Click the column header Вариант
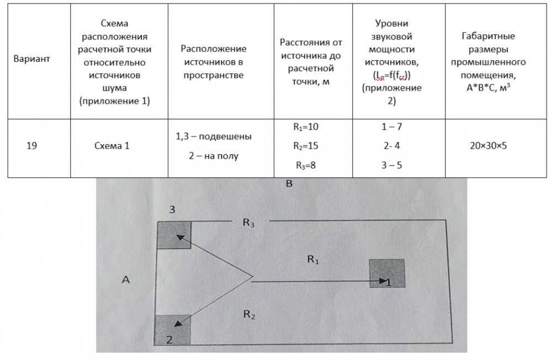pyautogui.click(x=31, y=59)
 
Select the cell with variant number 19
pyautogui.click(x=31, y=146)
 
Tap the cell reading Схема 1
pyautogui.click(x=112, y=146)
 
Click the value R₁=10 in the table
pyautogui.click(x=306, y=126)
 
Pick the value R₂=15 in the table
pyautogui.click(x=306, y=146)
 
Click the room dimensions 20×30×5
pyautogui.click(x=488, y=146)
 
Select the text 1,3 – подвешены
pyautogui.click(x=214, y=136)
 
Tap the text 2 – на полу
pyautogui.click(x=214, y=156)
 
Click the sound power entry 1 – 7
pyautogui.click(x=391, y=126)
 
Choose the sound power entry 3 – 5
pyautogui.click(x=391, y=165)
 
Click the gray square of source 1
pyautogui.click(x=387, y=273)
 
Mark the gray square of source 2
pyautogui.click(x=173, y=330)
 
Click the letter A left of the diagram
pyautogui.click(x=125, y=280)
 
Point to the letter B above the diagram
pyautogui.click(x=289, y=184)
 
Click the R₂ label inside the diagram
pyautogui.click(x=249, y=315)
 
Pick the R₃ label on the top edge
pyautogui.click(x=249, y=223)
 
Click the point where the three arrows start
pyautogui.click(x=252, y=277)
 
